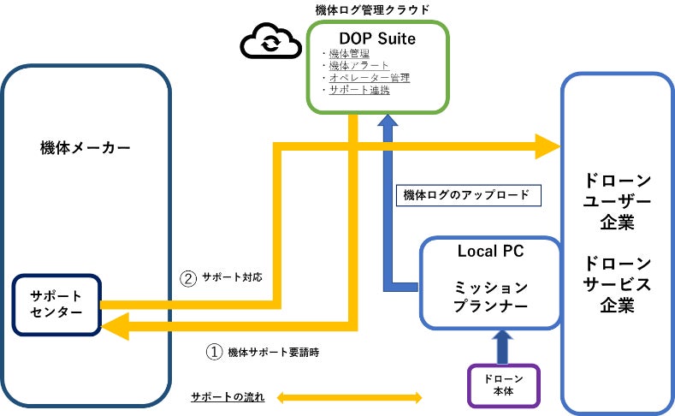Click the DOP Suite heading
(x=376, y=39)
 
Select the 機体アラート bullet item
(x=358, y=66)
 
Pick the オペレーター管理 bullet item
(x=368, y=78)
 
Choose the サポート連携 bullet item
(x=358, y=90)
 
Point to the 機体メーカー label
(x=86, y=148)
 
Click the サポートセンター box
(x=56, y=305)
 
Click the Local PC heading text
(x=490, y=252)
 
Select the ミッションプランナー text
(x=490, y=297)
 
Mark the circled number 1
(x=215, y=352)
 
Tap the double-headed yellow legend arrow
(x=348, y=398)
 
